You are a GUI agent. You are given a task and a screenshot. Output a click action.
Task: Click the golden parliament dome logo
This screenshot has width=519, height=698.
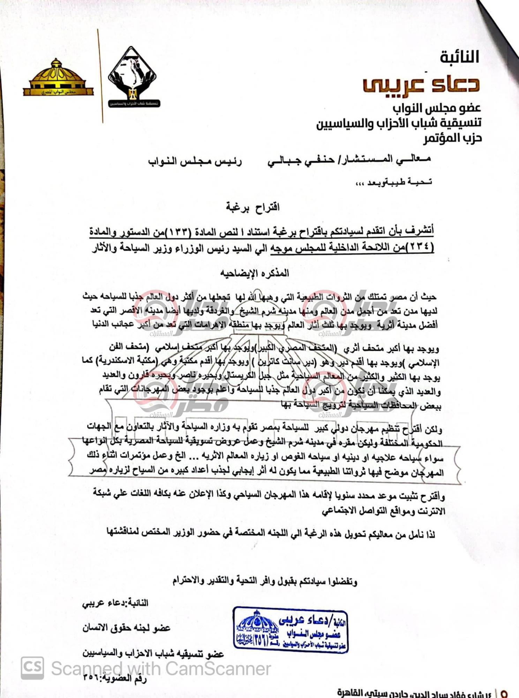point(58,78)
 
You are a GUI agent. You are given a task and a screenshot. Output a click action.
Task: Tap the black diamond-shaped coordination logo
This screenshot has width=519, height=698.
point(132,77)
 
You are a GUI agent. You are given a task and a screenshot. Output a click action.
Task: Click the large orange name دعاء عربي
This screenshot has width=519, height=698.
point(421,84)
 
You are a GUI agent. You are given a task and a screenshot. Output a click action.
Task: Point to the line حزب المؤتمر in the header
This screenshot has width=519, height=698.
point(452,138)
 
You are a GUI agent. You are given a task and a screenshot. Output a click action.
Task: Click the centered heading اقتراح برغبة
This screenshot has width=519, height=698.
point(253,207)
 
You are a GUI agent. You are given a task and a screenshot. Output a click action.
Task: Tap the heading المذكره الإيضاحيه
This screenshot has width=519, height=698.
point(255,273)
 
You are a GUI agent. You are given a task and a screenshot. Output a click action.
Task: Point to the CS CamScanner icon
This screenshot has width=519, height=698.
point(32,668)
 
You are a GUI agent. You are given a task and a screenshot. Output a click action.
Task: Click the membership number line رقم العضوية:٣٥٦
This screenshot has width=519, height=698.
point(115,679)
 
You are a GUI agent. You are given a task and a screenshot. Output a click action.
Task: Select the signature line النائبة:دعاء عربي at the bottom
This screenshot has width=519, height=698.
point(115,603)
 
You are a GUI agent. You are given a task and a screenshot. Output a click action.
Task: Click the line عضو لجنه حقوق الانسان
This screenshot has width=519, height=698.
point(126,628)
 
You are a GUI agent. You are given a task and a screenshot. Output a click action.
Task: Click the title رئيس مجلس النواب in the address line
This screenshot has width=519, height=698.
point(195,162)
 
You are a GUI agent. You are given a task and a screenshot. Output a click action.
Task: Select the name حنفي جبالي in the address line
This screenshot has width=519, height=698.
point(301,161)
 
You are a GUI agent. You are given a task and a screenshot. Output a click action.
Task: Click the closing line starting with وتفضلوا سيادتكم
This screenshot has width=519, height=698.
point(265,581)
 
